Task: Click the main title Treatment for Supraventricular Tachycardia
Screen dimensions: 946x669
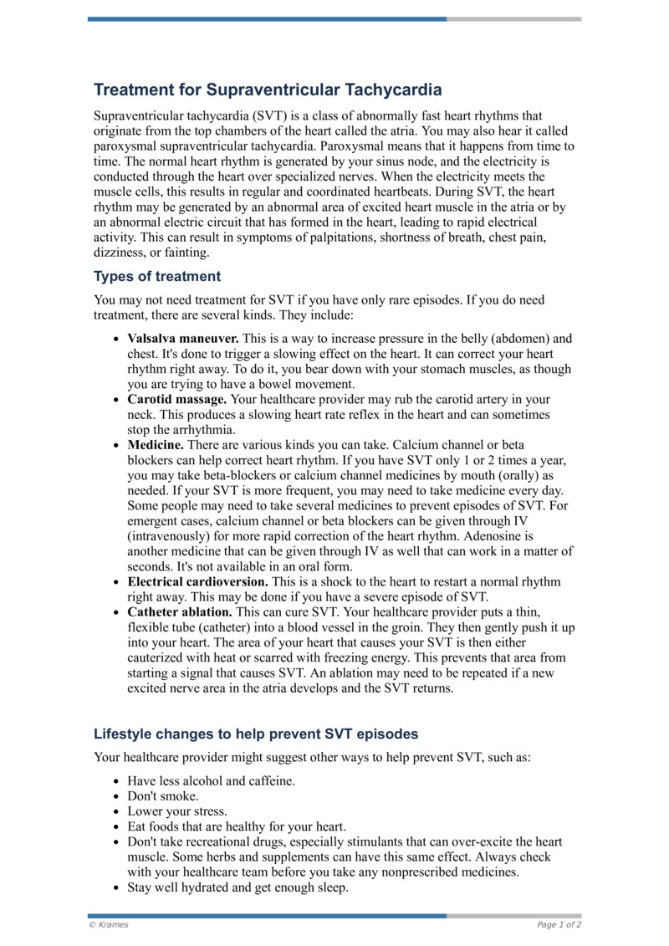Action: [x=268, y=89]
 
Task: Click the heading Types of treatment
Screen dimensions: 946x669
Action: [x=157, y=276]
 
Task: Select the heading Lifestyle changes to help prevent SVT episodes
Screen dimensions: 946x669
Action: [x=255, y=734]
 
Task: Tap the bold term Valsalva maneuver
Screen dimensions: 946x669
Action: [x=183, y=339]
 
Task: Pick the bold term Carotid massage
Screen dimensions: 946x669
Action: [x=176, y=400]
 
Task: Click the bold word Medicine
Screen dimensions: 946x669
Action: [x=155, y=446]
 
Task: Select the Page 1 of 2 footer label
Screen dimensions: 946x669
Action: [x=559, y=925]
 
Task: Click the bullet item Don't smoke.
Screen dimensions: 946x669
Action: [x=162, y=796]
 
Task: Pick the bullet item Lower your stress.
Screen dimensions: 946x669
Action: [x=176, y=811]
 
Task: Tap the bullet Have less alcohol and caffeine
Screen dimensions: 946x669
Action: [x=211, y=781]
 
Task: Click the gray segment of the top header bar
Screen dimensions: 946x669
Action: [x=513, y=18]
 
